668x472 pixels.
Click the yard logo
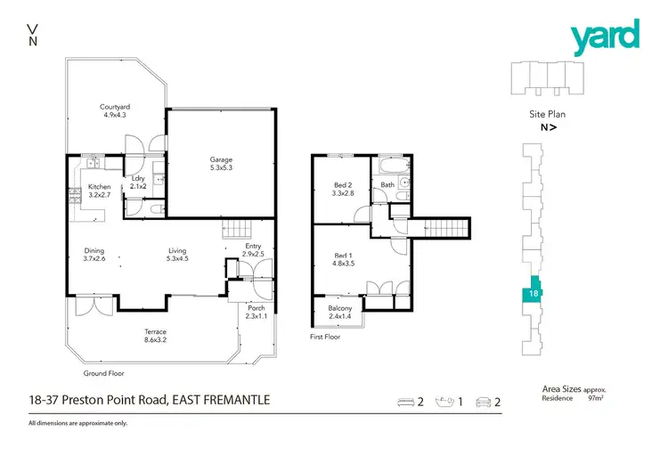click(x=605, y=37)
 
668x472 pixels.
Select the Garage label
click(x=221, y=159)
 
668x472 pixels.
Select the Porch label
click(x=256, y=307)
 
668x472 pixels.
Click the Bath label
click(x=387, y=185)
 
